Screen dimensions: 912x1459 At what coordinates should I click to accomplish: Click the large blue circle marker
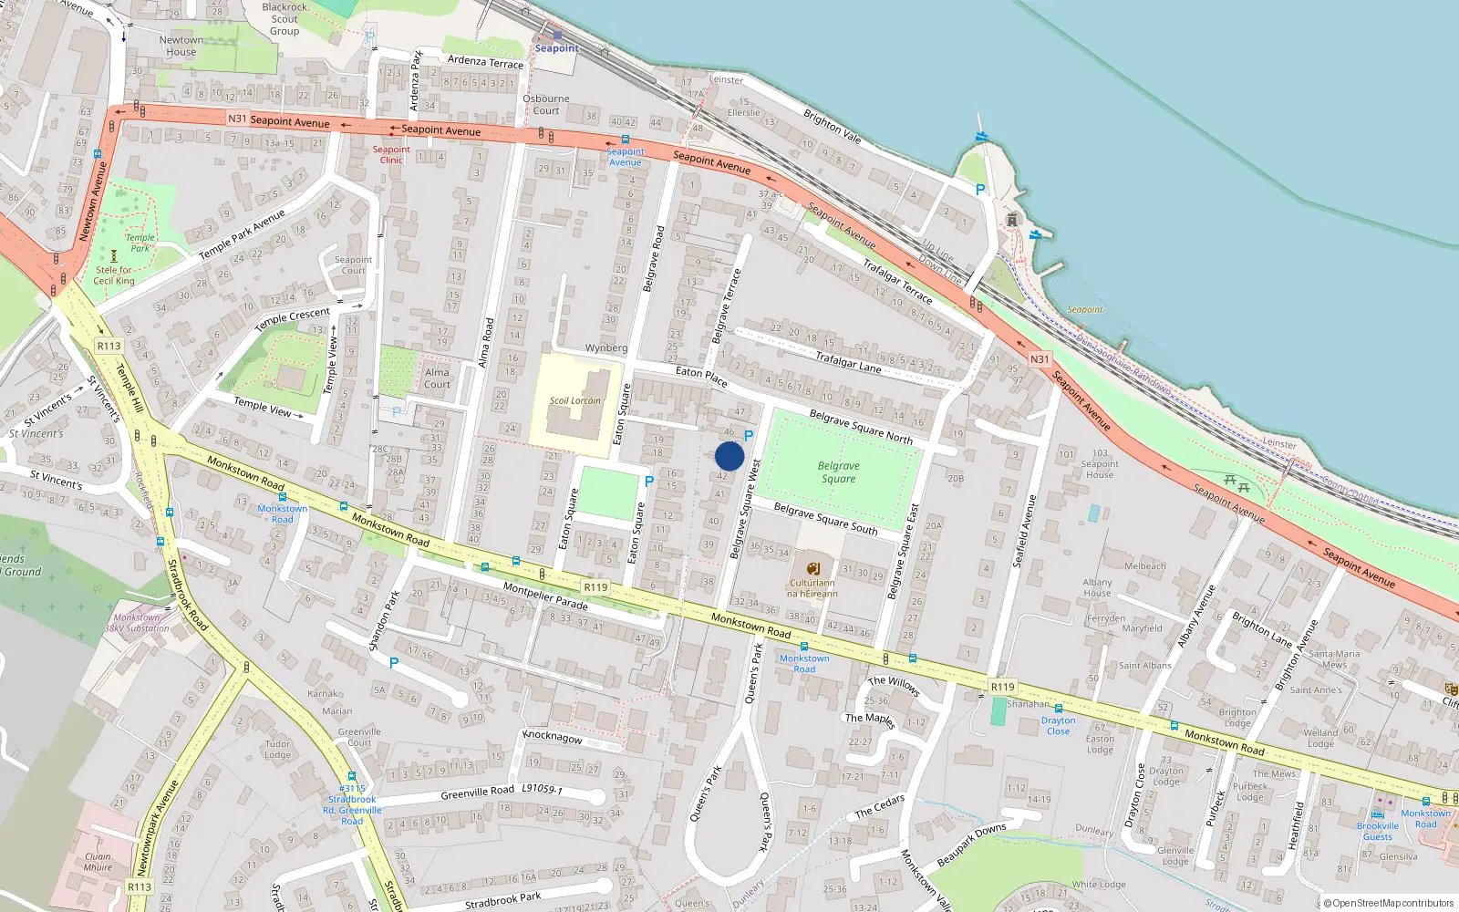[x=729, y=457]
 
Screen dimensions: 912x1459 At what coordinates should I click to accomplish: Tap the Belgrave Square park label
[x=838, y=472]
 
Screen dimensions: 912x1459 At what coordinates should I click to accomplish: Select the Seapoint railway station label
[x=556, y=48]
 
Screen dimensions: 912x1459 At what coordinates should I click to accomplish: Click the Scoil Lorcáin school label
[x=574, y=400]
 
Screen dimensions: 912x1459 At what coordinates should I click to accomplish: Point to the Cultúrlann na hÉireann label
[x=812, y=588]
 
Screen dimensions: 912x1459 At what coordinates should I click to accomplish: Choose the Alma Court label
[x=437, y=378]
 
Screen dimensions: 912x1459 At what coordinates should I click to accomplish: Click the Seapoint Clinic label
[x=391, y=155]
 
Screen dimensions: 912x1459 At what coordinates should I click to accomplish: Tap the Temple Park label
[x=140, y=243]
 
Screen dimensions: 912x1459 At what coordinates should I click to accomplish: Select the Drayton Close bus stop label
[x=1058, y=726]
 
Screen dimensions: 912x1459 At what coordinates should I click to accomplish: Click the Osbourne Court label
[x=546, y=105]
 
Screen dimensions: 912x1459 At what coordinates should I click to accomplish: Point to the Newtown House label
[x=181, y=46]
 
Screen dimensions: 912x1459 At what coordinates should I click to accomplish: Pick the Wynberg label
[x=606, y=347]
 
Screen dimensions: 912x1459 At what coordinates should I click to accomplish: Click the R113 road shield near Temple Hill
[x=109, y=346]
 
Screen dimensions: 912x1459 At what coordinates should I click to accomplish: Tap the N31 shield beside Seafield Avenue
[x=1040, y=359]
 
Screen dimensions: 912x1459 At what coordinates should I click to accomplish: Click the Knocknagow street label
[x=553, y=737]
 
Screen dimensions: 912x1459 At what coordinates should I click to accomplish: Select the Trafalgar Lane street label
[x=848, y=362]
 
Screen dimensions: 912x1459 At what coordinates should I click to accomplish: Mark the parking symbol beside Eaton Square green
[x=649, y=482]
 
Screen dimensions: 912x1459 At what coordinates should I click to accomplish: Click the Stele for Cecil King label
[x=114, y=275]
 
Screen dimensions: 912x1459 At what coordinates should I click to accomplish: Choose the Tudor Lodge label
[x=278, y=749]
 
